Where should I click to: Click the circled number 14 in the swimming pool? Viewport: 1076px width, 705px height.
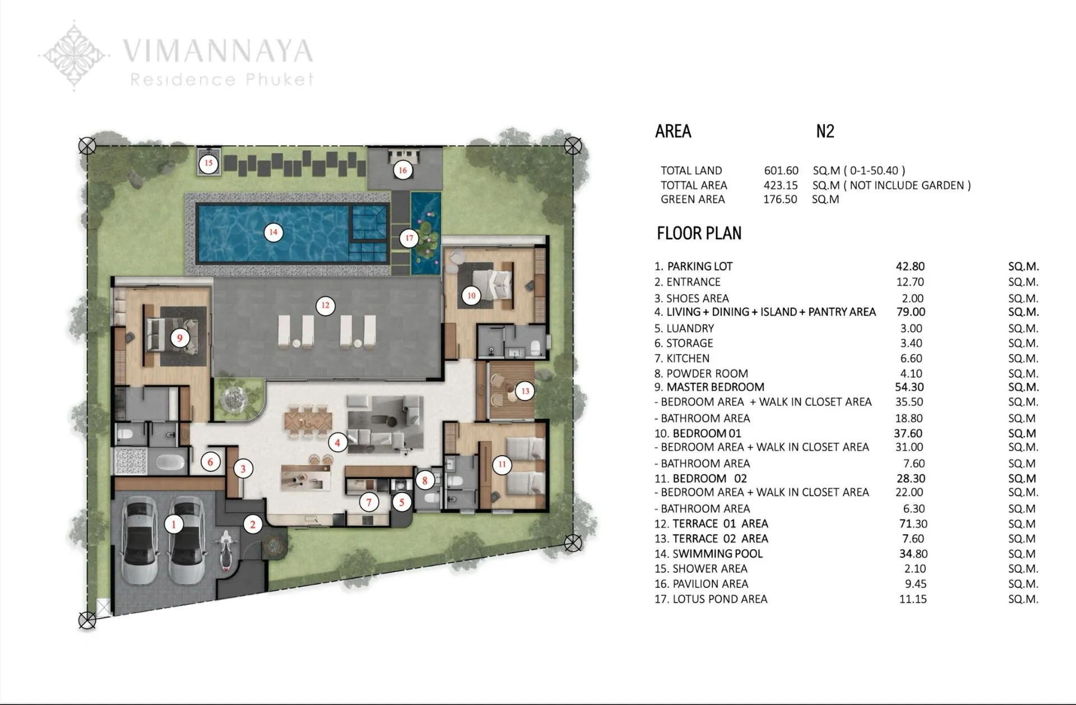pos(273,232)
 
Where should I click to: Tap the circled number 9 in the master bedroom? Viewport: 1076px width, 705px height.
pos(179,337)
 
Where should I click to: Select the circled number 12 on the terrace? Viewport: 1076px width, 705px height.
pos(325,305)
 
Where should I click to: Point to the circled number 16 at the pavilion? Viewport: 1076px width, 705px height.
pos(402,170)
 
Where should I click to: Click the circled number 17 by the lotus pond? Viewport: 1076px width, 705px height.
pos(409,238)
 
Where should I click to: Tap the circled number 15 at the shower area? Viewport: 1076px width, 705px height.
pos(208,163)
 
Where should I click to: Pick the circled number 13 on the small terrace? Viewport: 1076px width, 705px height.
pos(525,391)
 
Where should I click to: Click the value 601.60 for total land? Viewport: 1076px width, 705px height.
pos(781,170)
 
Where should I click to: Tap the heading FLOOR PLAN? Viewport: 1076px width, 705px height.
pos(699,233)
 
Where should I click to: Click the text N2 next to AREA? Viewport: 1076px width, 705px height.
pos(825,131)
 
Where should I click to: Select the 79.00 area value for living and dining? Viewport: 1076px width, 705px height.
pos(910,312)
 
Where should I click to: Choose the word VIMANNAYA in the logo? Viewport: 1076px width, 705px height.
pos(217,51)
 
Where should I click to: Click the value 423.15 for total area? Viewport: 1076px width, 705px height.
pos(780,185)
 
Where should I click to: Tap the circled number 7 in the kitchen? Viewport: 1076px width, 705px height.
pos(369,502)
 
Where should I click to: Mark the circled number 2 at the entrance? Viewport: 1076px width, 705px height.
pos(252,525)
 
